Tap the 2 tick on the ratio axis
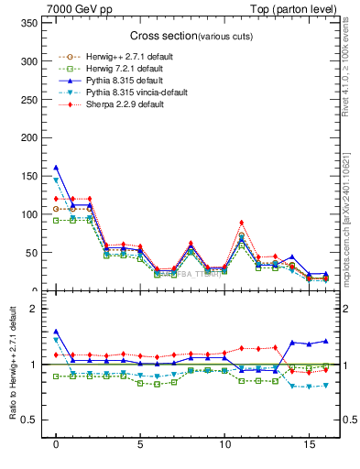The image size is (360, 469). (31, 309)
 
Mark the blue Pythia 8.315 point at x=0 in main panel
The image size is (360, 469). (56, 168)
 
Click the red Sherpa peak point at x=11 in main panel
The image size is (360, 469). (241, 223)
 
